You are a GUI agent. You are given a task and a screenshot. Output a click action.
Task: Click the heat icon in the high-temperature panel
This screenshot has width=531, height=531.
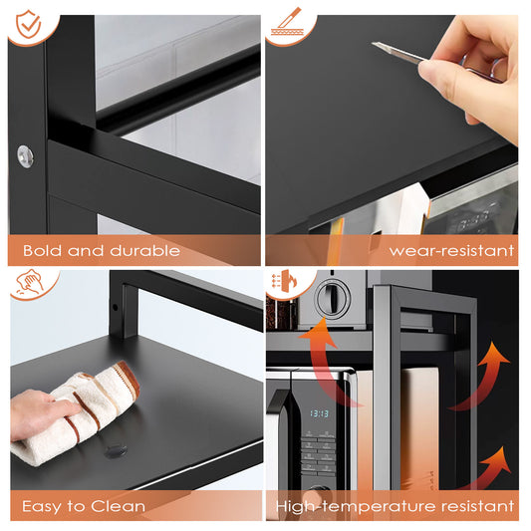288,287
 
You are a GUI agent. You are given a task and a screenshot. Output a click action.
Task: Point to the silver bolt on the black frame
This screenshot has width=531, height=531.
24,154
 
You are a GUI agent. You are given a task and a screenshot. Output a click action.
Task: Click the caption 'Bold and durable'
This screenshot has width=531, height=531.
102,250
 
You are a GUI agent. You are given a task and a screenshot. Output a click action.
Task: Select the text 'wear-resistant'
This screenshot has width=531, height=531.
452,250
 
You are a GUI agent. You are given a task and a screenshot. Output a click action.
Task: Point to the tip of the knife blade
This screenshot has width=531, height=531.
377,45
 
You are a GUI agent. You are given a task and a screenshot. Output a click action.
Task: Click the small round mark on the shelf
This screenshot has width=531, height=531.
116,450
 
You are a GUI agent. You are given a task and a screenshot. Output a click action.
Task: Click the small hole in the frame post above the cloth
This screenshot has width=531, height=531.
118,307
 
